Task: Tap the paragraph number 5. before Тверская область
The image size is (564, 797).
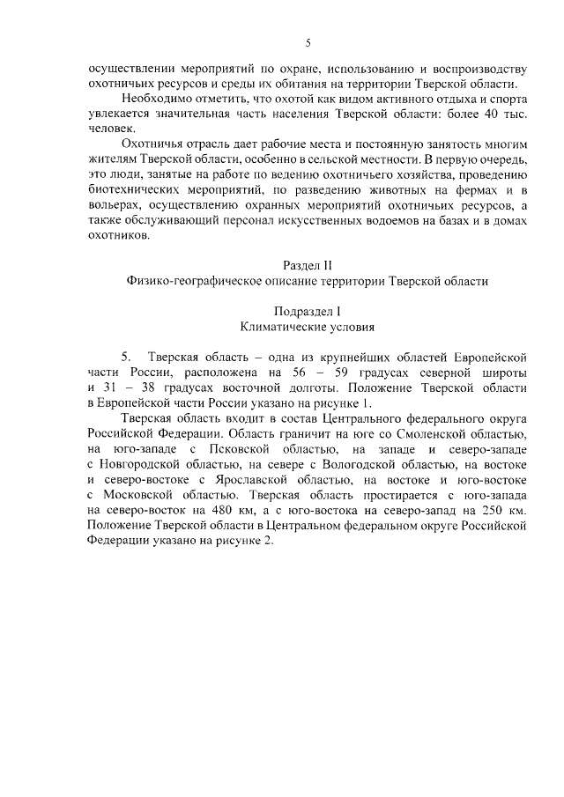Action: coord(127,357)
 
